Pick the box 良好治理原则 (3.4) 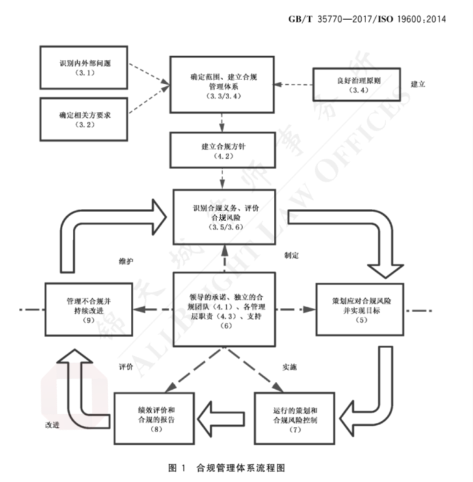pos(356,85)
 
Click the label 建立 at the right pos(418,84)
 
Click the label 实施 pos(291,368)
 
